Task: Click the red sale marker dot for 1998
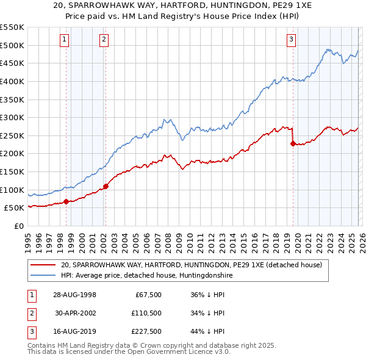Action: (x=66, y=201)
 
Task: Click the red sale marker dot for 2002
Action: (x=106, y=186)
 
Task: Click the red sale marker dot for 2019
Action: (x=292, y=144)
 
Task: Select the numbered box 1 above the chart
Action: (x=64, y=40)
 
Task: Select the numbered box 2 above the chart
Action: (x=104, y=40)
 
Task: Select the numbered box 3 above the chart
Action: (x=291, y=40)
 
